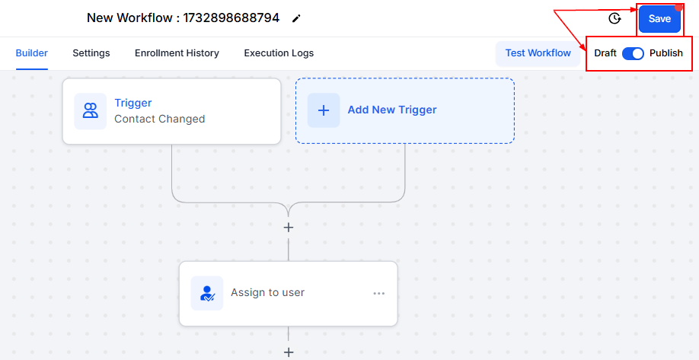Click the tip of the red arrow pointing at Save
click(x=637, y=9)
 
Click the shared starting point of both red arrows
click(x=554, y=10)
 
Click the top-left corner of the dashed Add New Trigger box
click(x=295, y=78)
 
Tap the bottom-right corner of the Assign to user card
click(x=397, y=326)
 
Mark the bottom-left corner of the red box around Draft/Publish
click(x=586, y=70)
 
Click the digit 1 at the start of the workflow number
click(x=186, y=18)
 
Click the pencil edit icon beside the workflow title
click(x=296, y=18)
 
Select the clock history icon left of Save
click(x=614, y=18)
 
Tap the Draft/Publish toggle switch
click(x=633, y=53)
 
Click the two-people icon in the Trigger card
click(x=91, y=111)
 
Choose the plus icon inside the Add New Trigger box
click(x=324, y=110)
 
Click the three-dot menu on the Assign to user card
click(x=379, y=293)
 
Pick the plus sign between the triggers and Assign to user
click(x=289, y=228)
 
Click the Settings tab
click(x=91, y=53)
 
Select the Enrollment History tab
click(x=177, y=53)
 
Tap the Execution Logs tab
click(x=279, y=53)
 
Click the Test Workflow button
click(x=538, y=53)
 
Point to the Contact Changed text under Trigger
click(x=160, y=119)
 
